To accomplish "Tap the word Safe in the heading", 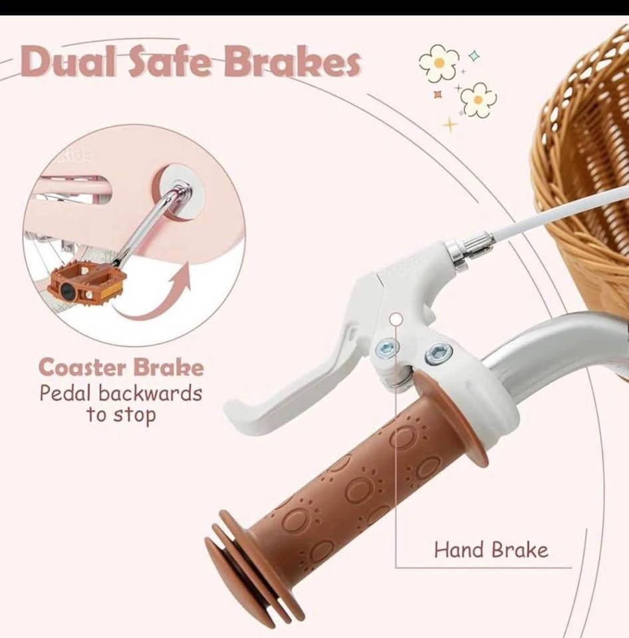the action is click(170, 61).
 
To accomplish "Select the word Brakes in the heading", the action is click(291, 61).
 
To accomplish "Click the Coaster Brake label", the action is click(121, 368).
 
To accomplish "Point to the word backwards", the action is click(150, 393).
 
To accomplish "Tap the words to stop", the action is click(121, 415).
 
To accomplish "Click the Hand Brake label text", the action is click(491, 550).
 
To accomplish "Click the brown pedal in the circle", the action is click(86, 286).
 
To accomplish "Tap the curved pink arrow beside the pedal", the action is click(155, 297).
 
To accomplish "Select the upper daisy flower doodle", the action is click(439, 63).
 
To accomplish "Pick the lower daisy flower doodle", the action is click(478, 100).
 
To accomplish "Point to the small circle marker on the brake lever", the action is click(396, 319).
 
